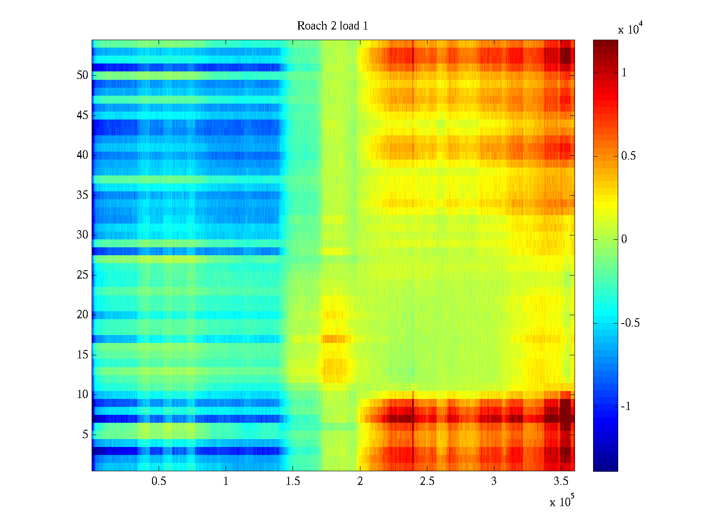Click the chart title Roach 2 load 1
(332, 26)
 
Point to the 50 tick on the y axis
(82, 75)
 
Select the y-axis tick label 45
(82, 115)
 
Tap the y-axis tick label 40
(82, 155)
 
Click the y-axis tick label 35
(82, 195)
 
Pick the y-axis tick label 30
(82, 235)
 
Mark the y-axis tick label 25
(82, 275)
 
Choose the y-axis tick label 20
(82, 315)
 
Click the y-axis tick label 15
(82, 355)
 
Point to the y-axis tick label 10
(82, 395)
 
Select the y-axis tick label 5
(85, 435)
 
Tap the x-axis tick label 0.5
(159, 481)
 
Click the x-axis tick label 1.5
(293, 481)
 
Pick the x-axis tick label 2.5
(427, 481)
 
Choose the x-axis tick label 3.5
(561, 481)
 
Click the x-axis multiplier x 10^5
(562, 501)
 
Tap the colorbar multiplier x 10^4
(628, 29)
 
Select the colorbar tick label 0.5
(628, 156)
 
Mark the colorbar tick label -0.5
(630, 323)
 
